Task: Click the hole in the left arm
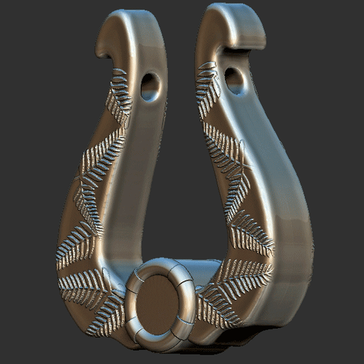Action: pos(150,86)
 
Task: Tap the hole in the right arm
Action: pos(235,80)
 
